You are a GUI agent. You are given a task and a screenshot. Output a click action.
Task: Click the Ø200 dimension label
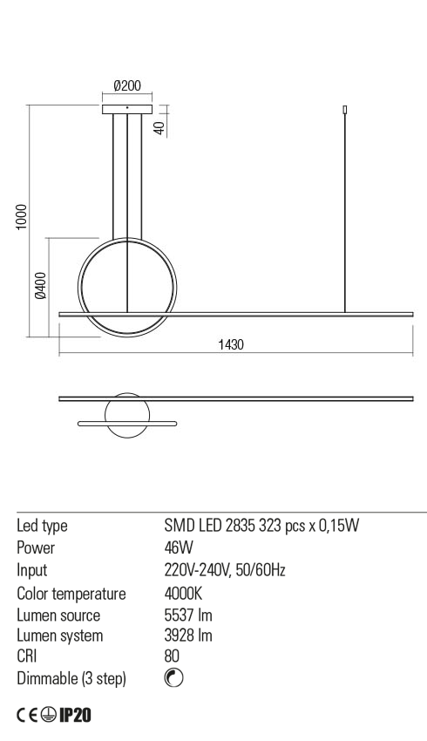pyautogui.click(x=127, y=86)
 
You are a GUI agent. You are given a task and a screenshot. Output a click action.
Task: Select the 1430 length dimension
pyautogui.click(x=230, y=345)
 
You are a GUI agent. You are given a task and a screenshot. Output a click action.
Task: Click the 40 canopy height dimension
pyautogui.click(x=159, y=126)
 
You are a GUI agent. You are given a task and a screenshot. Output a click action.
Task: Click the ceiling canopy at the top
pyautogui.click(x=127, y=109)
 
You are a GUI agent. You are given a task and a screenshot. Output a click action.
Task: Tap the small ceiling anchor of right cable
pyautogui.click(x=346, y=110)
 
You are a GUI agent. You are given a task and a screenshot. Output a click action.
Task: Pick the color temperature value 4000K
pyautogui.click(x=181, y=593)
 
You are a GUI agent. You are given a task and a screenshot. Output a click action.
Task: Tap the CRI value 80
pyautogui.click(x=172, y=656)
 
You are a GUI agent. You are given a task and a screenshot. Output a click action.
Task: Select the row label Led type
pyautogui.click(x=43, y=526)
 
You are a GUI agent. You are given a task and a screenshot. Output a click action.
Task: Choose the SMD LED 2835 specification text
pyautogui.click(x=262, y=526)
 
